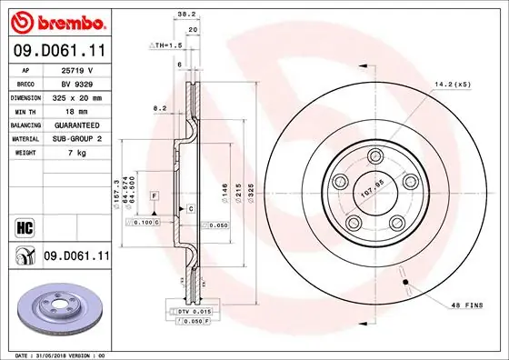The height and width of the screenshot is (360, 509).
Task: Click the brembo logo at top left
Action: [x=56, y=20]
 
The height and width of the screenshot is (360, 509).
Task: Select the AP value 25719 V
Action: [x=77, y=69]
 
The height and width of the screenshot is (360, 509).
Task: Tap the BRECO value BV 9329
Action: [x=77, y=83]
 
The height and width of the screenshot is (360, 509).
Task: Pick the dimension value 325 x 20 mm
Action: [x=77, y=96]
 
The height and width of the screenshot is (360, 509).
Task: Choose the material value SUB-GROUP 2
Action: [x=77, y=138]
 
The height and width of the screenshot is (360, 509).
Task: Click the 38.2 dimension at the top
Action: [x=185, y=15]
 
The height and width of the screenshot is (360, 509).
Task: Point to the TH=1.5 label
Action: [x=169, y=45]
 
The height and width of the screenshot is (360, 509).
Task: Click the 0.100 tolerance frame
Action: [x=144, y=221]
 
